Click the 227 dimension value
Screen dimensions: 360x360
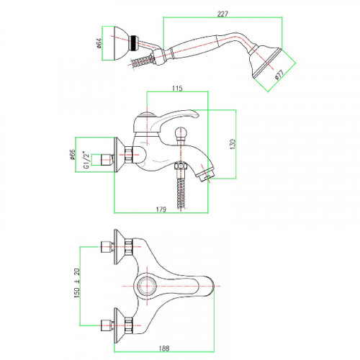tap(222, 14)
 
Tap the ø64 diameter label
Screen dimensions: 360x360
tap(99, 43)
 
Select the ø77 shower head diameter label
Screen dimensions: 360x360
tap(279, 74)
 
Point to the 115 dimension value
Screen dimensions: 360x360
tap(177, 89)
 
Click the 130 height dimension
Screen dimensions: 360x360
tap(233, 144)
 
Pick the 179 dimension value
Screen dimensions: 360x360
tap(161, 210)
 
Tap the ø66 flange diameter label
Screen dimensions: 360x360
tap(72, 155)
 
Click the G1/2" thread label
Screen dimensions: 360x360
tap(86, 160)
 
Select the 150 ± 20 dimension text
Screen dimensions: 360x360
tap(77, 283)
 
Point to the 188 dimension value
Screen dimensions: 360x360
tap(164, 348)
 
